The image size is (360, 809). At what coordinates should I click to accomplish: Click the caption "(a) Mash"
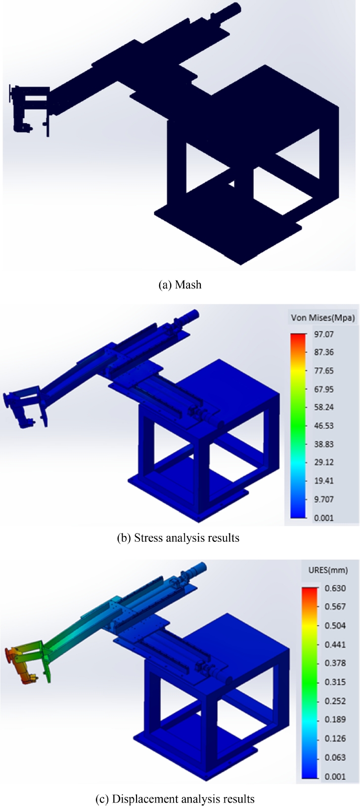180,285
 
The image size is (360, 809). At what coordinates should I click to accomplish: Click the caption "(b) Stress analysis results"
178,538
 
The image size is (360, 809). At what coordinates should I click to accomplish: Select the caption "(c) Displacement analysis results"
175,799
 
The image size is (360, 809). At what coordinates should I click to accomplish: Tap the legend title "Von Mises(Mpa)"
323,318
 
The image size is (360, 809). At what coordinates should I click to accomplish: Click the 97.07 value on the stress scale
323,334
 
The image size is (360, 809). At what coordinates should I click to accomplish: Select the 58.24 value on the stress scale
323,407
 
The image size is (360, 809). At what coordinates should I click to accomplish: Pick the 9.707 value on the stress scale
323,499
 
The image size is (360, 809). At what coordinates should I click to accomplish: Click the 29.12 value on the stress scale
323,462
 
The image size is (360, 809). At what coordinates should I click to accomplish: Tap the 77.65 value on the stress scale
323,371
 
